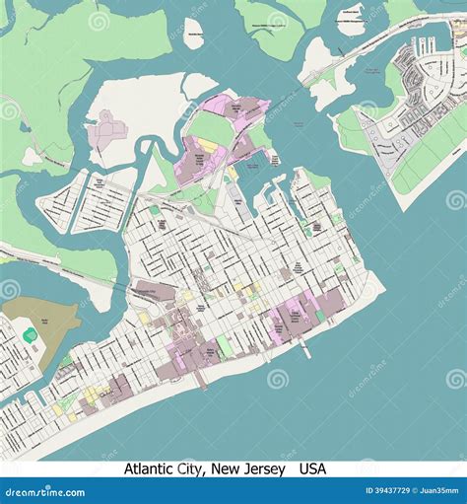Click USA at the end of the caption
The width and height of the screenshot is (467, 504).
[313, 469]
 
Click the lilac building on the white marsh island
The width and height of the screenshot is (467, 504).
[105, 131]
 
